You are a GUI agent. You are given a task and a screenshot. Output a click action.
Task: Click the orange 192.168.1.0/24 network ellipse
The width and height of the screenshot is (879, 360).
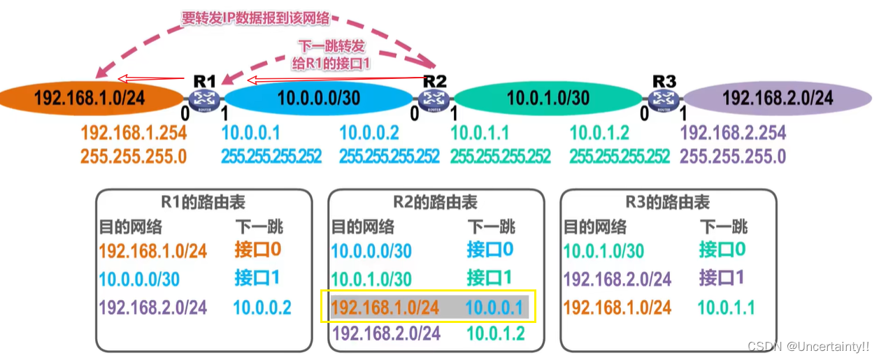91,97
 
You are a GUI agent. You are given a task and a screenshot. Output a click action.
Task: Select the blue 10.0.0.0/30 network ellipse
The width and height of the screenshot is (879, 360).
318,98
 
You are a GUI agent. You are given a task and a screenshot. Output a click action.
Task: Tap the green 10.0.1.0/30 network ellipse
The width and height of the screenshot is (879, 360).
549,98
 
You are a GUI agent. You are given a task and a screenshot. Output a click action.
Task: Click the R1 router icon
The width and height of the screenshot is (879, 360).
206,99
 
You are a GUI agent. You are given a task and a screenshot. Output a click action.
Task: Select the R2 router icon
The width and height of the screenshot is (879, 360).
434,99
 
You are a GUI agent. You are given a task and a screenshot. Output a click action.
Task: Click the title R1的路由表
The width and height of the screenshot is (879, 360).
203,203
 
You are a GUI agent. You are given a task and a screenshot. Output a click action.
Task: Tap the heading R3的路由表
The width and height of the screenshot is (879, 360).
668,203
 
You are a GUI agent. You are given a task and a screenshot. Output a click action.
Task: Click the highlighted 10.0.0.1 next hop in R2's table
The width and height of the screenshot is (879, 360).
494,307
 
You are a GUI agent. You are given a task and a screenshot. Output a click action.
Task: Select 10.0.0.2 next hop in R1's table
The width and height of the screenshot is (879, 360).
262,307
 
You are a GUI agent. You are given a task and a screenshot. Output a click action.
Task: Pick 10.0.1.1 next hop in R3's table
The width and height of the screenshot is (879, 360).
726,307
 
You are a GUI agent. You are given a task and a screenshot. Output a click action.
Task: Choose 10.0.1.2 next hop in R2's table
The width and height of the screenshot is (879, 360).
496,333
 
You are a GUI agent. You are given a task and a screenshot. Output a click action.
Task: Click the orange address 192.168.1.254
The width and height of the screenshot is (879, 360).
133,133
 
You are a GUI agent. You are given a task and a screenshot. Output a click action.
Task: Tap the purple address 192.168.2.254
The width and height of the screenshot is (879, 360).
733,133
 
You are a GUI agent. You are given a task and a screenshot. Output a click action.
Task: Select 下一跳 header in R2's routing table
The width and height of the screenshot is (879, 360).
491,226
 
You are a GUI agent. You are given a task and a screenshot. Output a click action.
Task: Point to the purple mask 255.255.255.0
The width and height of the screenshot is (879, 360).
733,156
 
